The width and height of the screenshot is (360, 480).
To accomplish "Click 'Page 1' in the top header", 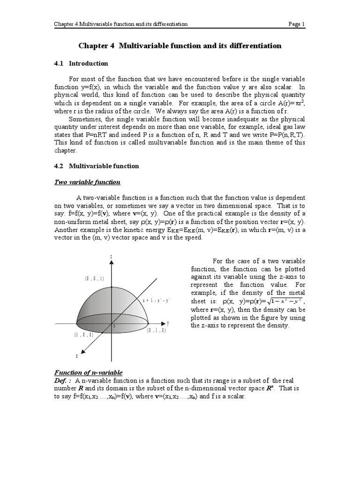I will (x=296, y=24).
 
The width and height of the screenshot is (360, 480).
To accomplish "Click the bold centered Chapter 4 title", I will (x=180, y=46).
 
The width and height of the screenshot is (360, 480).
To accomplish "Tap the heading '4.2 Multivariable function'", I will (x=97, y=166).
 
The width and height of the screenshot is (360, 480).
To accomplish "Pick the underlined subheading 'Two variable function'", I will (x=87, y=182).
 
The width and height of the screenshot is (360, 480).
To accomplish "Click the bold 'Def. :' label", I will (x=63, y=381).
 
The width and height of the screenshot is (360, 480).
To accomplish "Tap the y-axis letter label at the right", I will (x=168, y=323).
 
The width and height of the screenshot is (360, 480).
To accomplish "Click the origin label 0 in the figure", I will (x=114, y=326).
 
